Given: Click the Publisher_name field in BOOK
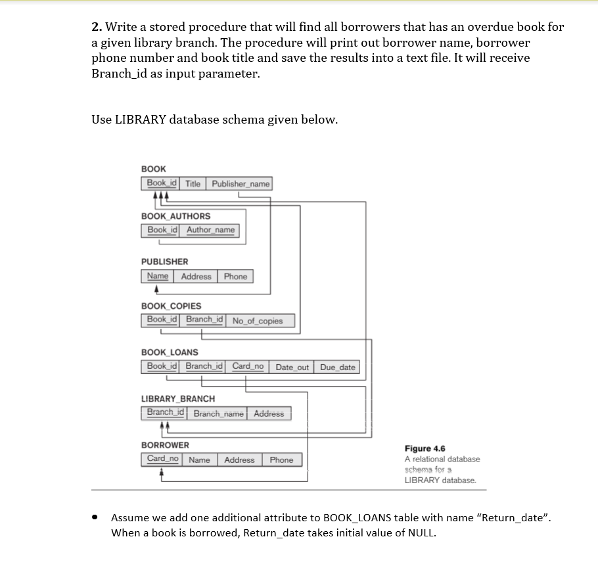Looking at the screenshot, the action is (x=241, y=184).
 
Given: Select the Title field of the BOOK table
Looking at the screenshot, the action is (x=193, y=184).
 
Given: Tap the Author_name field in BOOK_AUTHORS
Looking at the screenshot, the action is (x=210, y=230).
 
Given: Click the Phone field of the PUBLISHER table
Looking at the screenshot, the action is (x=235, y=277).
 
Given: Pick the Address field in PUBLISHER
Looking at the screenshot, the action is (x=196, y=277).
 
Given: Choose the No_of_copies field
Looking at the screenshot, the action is (x=258, y=321).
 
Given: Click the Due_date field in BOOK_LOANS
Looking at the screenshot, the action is (x=338, y=367).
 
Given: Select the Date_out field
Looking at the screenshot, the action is (x=292, y=367).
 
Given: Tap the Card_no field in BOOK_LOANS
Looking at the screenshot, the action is (x=248, y=366).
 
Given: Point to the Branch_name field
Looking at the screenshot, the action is (x=218, y=414).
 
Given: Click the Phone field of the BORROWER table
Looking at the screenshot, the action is (x=281, y=460).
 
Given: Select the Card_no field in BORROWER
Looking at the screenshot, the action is (x=162, y=459).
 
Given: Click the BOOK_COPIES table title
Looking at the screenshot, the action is (x=172, y=306).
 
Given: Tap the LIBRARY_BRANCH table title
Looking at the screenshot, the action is (x=178, y=399).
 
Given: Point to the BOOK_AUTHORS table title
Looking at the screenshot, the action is (x=176, y=216).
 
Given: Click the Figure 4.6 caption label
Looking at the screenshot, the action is (x=425, y=448).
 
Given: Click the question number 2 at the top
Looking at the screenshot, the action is (x=96, y=28).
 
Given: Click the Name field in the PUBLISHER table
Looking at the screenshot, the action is (x=158, y=277).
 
